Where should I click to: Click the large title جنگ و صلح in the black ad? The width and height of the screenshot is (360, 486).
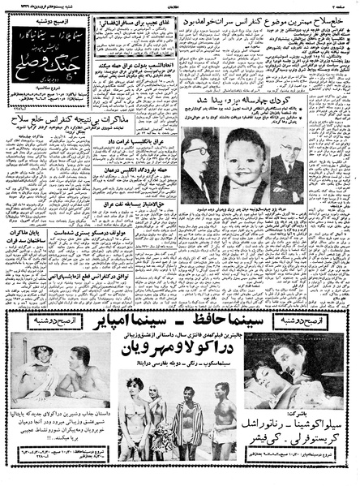(49, 55)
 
